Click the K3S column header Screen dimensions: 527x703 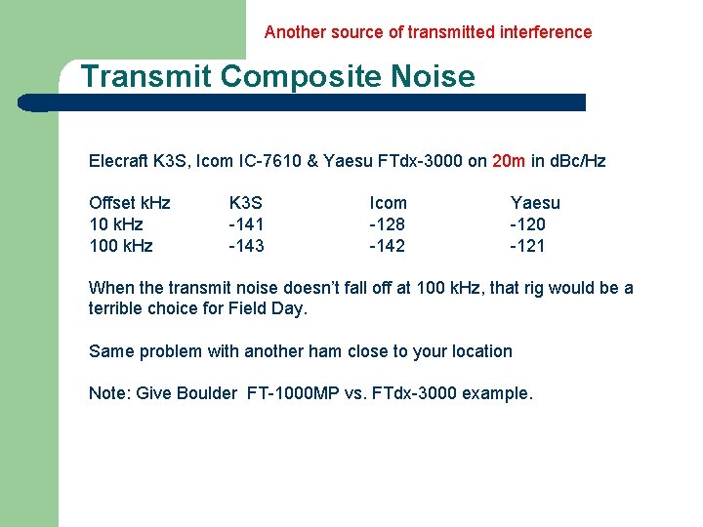pyautogui.click(x=245, y=203)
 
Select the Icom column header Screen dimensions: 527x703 pyautogui.click(x=388, y=203)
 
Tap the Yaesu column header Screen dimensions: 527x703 pyautogui.click(x=535, y=203)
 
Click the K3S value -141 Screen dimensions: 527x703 pyautogui.click(x=246, y=224)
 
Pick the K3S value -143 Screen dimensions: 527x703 pyautogui.click(x=246, y=246)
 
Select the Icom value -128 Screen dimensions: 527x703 pyautogui.click(x=387, y=224)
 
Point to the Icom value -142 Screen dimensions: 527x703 pyautogui.click(x=387, y=246)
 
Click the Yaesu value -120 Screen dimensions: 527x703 pyautogui.click(x=527, y=224)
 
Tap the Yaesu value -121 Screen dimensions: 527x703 pyautogui.click(x=527, y=246)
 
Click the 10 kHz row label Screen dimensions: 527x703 pyautogui.click(x=116, y=224)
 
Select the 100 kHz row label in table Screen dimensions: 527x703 pyautogui.click(x=120, y=246)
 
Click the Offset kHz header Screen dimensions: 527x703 pyautogui.click(x=129, y=203)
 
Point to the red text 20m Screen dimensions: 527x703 pyautogui.click(x=511, y=161)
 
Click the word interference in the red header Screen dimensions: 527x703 pyautogui.click(x=544, y=32)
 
